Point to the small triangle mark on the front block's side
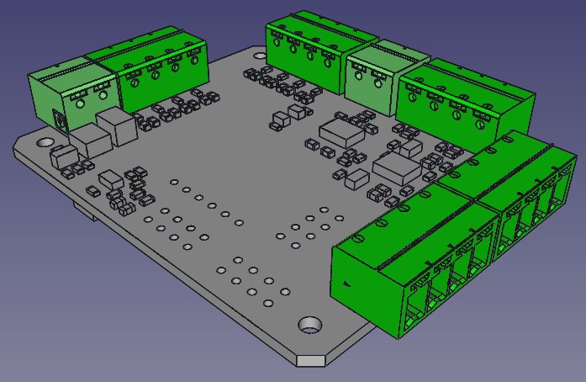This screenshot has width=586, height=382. click(x=346, y=284)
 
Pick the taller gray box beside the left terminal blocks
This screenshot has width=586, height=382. click(x=117, y=126)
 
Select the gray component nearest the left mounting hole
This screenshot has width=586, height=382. click(x=62, y=155)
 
